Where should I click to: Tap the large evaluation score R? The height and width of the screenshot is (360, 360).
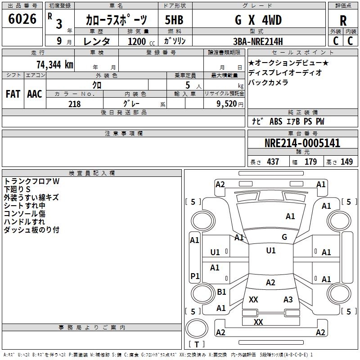pos(343,21)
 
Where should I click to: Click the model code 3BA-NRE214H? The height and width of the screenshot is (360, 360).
pos(258,41)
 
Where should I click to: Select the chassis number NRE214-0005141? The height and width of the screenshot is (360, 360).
pos(302,144)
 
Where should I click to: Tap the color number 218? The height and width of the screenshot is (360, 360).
pos(74,104)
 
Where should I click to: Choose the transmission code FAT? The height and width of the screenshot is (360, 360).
pos(13,94)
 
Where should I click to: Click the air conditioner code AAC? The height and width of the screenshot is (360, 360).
pos(34,94)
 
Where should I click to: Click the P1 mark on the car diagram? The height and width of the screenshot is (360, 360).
pos(195,276)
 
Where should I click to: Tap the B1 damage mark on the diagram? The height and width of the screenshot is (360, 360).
pos(221,292)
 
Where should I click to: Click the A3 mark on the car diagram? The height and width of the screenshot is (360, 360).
pos(288,300)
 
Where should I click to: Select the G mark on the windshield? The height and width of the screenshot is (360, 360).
pos(284,237)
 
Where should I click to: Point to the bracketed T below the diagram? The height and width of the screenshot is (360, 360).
pos(196,344)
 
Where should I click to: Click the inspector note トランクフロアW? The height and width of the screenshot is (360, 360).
pos(31,181)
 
